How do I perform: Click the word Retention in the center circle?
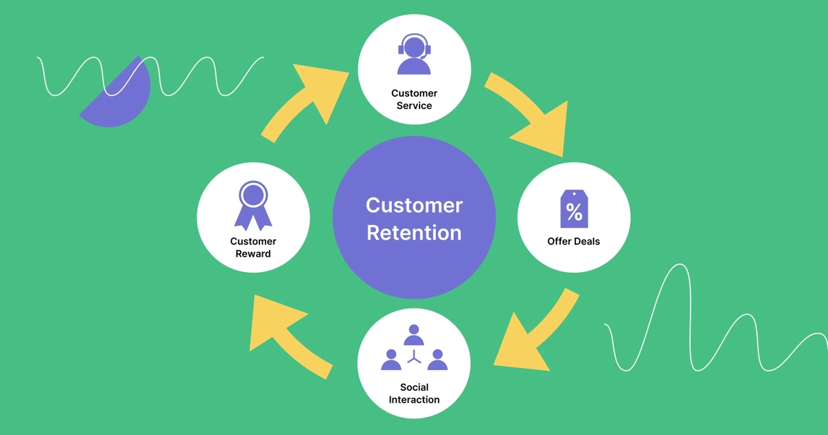point(414,233)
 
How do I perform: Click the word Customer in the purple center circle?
point(414,205)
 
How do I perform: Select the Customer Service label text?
point(414,99)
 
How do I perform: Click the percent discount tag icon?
point(574,209)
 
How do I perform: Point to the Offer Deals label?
point(573,242)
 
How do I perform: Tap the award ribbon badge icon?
point(253,205)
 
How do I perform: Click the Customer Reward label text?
point(253,247)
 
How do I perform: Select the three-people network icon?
point(414,347)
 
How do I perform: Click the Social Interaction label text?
point(414,394)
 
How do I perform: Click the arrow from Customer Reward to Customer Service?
point(307,100)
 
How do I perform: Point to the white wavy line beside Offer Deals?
point(690,325)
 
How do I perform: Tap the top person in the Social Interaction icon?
point(414,335)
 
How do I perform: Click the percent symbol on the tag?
point(574,212)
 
